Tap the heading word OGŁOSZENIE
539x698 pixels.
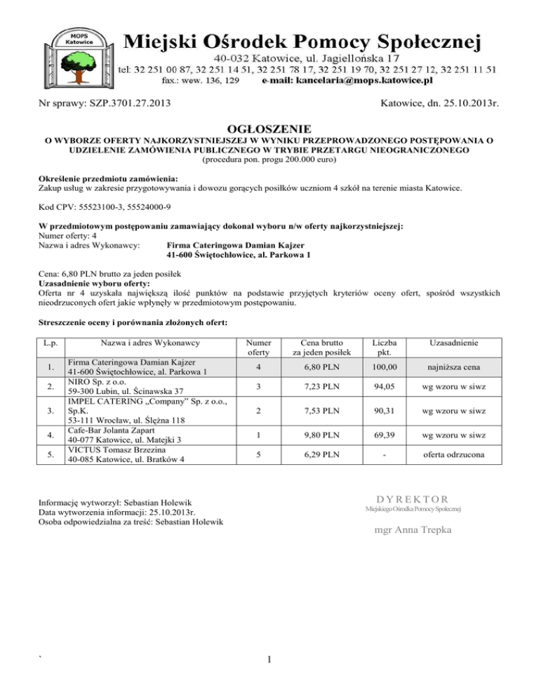[270, 129]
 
